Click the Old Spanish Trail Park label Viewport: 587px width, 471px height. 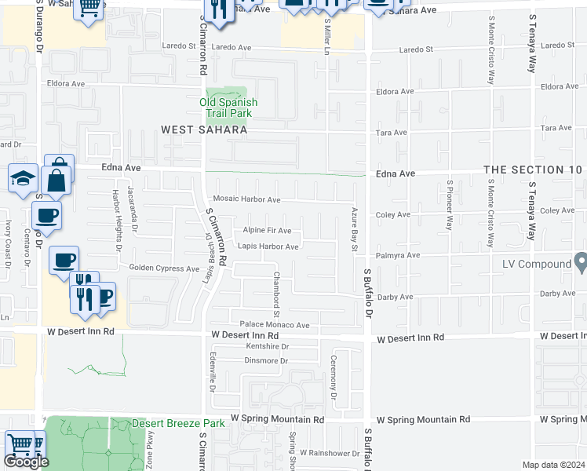coord(228,108)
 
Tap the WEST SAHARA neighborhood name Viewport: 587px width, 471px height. coord(204,130)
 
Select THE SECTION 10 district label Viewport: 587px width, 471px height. coord(534,170)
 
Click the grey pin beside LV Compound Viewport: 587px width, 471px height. coord(581,263)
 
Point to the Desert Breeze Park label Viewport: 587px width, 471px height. coord(178,423)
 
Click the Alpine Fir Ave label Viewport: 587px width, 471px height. coord(267,231)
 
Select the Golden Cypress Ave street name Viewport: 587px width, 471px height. coord(165,268)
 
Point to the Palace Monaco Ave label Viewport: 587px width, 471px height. coord(275,325)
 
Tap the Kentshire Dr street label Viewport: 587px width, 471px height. coord(268,346)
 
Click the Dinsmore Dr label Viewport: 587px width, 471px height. coord(267,361)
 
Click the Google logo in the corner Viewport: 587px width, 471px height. coord(26,462)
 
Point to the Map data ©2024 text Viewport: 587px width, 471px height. coord(553,465)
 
